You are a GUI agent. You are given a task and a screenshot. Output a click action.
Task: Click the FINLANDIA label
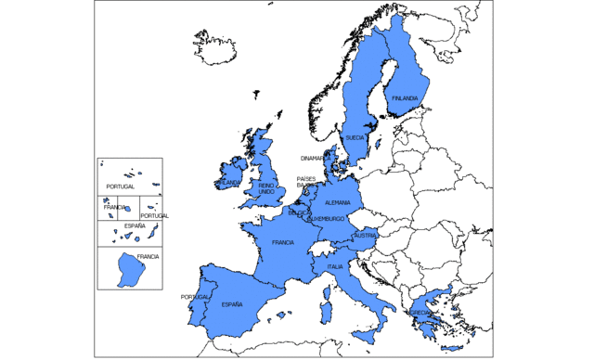pos(405,98)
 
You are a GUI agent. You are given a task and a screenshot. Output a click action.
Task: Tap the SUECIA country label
pos(355,137)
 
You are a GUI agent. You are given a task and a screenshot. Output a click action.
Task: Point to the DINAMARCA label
pos(314,159)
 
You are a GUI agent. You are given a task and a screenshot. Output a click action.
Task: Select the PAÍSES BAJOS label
pos(306,182)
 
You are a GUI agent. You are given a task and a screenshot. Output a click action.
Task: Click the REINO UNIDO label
pos(266,188)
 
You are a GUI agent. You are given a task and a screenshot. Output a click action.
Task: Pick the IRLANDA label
pos(226,183)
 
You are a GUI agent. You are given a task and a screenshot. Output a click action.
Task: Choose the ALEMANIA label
pos(338,202)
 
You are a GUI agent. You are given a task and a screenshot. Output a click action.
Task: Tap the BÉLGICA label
pos(298,212)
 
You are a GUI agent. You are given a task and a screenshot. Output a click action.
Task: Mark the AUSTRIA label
pos(365,236)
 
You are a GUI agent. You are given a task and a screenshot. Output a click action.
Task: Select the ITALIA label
pos(334,267)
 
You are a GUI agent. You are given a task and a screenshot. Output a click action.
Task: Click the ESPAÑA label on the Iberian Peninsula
pos(231,304)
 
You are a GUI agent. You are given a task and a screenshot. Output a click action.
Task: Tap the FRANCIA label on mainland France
pos(283,242)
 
